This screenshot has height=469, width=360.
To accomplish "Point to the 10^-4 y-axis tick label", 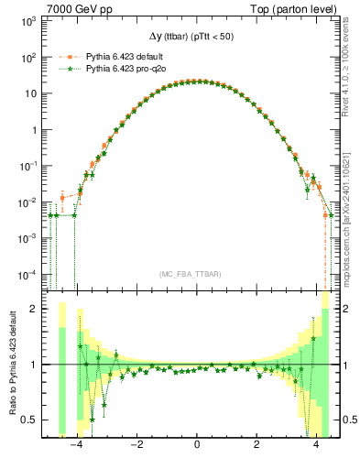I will tap(27, 275).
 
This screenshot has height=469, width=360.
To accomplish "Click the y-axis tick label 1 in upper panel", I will tap(35, 129).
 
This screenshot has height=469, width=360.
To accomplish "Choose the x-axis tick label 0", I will tap(197, 446).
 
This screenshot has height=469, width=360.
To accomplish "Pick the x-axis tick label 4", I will tap(316, 446).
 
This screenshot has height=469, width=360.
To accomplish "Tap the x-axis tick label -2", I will tap(136, 446).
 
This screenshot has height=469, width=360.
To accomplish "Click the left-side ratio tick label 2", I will tap(38, 309).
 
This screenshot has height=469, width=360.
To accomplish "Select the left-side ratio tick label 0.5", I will tap(32, 420).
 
